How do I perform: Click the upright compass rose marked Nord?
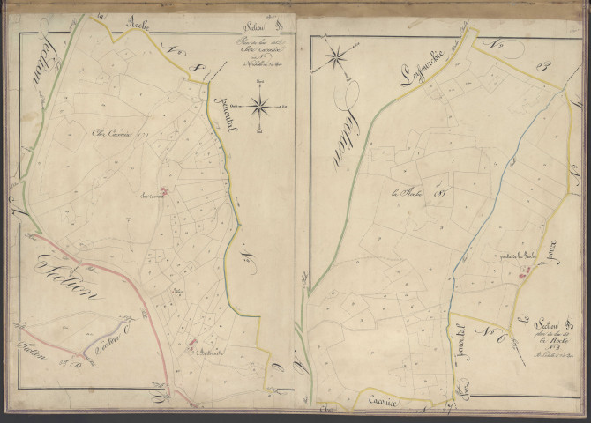[259, 107]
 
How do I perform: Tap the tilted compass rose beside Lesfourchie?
[336, 59]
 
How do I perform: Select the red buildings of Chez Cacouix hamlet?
[164, 189]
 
